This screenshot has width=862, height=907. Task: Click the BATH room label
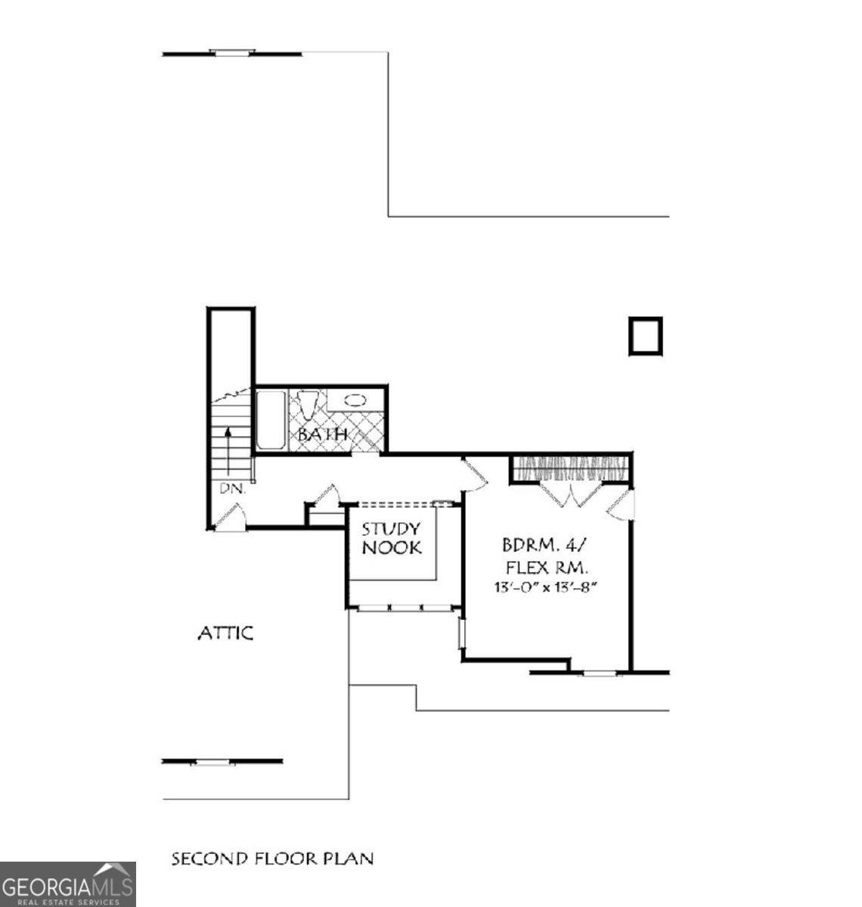pos(322,435)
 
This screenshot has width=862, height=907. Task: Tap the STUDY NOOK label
pos(391,538)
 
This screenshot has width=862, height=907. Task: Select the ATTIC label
pos(225,633)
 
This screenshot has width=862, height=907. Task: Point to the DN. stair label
pos(233,489)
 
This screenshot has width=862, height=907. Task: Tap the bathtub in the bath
pos(270,419)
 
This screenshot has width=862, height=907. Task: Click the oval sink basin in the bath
pos(355,398)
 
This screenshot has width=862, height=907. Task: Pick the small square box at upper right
pos(645,336)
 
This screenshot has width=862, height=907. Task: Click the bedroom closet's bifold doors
pos(571,494)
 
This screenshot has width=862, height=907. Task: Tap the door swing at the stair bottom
pos(230,518)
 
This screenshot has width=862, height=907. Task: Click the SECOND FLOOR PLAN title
pos(272,859)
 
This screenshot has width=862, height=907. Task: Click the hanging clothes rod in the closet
pos(571,469)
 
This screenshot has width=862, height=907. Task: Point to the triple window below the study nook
pos(404,607)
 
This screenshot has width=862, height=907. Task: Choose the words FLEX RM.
pos(547,566)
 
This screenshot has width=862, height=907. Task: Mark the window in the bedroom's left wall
pos(460,634)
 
